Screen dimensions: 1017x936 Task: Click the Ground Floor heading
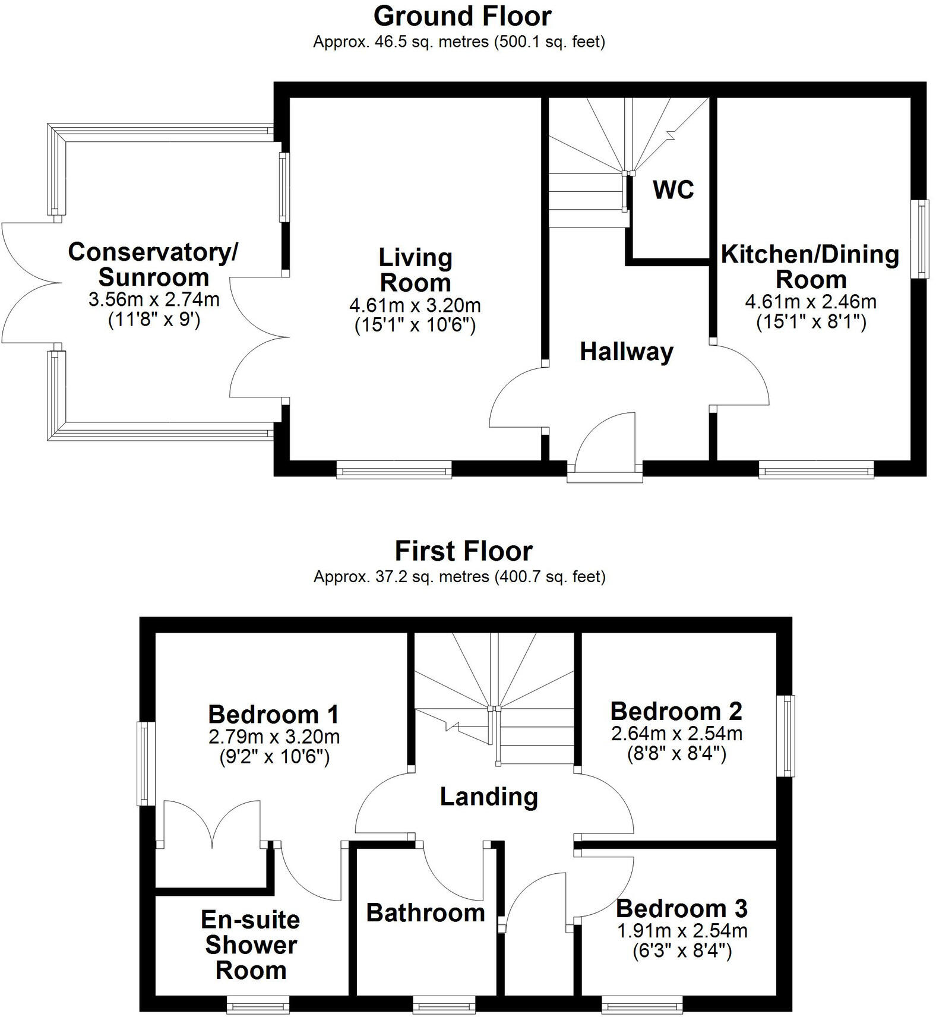click(462, 16)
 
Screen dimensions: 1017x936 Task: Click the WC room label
click(673, 189)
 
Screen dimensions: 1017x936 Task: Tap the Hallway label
click(627, 352)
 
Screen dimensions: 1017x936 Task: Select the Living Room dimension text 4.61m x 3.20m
click(415, 305)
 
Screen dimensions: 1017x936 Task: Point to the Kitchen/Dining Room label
click(810, 267)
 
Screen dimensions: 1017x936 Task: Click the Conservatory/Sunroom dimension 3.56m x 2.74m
click(154, 299)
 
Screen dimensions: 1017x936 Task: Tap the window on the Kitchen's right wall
click(921, 239)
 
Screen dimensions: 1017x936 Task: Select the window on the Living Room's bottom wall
click(394, 472)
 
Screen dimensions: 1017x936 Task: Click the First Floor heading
click(463, 551)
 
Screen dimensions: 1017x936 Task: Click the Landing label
click(489, 797)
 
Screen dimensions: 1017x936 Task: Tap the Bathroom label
click(425, 912)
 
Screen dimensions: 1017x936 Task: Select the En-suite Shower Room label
click(251, 945)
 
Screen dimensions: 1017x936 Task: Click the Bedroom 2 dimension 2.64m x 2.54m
click(676, 733)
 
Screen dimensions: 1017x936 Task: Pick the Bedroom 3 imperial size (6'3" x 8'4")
click(682, 951)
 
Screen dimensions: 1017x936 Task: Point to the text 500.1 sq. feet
click(549, 42)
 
